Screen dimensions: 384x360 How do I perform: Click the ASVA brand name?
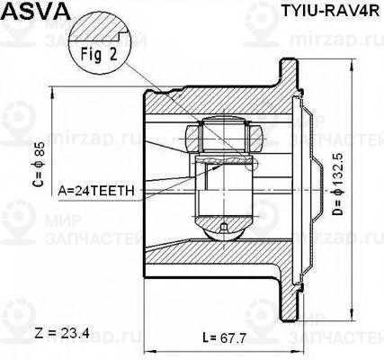37,11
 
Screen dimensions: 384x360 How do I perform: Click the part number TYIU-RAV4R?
330,11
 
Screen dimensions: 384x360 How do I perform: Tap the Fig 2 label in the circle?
99,54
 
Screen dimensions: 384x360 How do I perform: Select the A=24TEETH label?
96,191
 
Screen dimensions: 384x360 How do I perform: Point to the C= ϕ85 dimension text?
39,164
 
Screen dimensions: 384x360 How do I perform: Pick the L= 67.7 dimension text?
224,338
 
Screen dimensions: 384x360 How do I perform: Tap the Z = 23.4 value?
62,333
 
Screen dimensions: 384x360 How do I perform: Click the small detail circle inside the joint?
251,164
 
